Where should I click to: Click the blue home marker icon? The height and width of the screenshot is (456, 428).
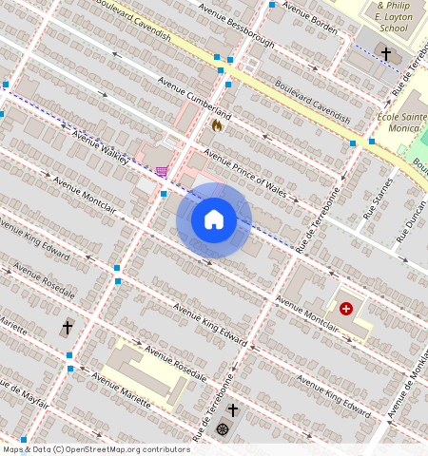coord(214,219)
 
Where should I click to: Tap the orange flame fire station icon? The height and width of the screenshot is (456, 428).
coord(217,123)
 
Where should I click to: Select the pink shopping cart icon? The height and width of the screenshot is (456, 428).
coord(162,172)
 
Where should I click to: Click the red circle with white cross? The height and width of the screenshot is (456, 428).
coord(346,309)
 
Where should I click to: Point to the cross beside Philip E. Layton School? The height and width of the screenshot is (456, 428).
coord(386,53)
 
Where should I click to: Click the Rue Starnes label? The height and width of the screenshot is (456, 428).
coord(377,199)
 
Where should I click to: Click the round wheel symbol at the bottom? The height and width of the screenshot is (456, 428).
coord(223,428)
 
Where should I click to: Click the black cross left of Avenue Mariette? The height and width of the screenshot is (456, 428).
coord(68,327)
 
